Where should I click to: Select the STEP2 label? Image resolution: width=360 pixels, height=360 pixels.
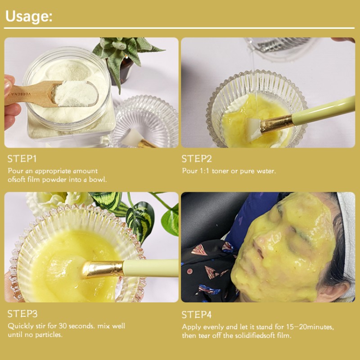(197, 159)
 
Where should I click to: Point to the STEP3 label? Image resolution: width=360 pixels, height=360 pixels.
(22, 314)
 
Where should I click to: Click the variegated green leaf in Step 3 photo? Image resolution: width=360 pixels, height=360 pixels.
(139, 216)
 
